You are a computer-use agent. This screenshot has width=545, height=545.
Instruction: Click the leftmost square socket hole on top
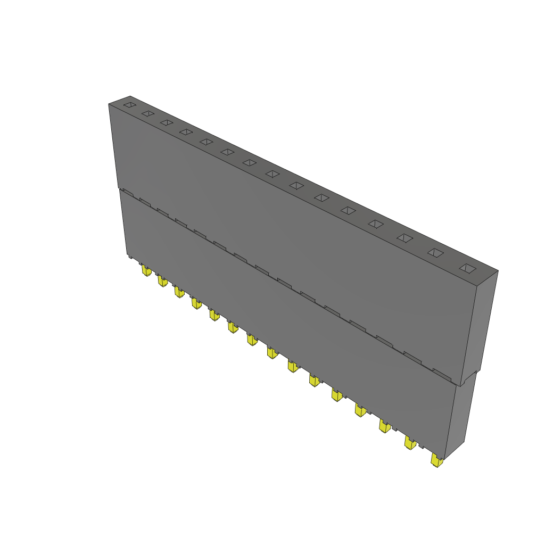click(x=130, y=105)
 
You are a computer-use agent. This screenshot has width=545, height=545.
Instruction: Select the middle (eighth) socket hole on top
click(x=272, y=174)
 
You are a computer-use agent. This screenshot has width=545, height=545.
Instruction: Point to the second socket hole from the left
click(x=148, y=114)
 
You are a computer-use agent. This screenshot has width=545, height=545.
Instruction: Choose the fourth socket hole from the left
click(x=185, y=131)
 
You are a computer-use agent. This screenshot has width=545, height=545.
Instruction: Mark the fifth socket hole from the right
click(x=348, y=210)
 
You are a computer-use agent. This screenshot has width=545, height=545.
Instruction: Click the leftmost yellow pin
click(x=146, y=271)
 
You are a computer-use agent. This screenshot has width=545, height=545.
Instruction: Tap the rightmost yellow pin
click(x=437, y=461)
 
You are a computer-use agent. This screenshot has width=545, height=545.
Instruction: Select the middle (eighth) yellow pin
click(x=272, y=352)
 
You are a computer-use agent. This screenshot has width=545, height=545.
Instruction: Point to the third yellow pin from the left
click(x=179, y=292)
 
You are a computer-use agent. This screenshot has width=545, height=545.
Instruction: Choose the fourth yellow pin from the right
click(x=360, y=410)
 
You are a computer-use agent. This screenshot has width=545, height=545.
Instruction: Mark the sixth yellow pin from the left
click(x=233, y=326)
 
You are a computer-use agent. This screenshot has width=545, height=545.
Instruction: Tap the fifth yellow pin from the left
click(x=214, y=315)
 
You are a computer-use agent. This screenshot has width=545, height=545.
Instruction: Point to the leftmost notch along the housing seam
click(x=126, y=192)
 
